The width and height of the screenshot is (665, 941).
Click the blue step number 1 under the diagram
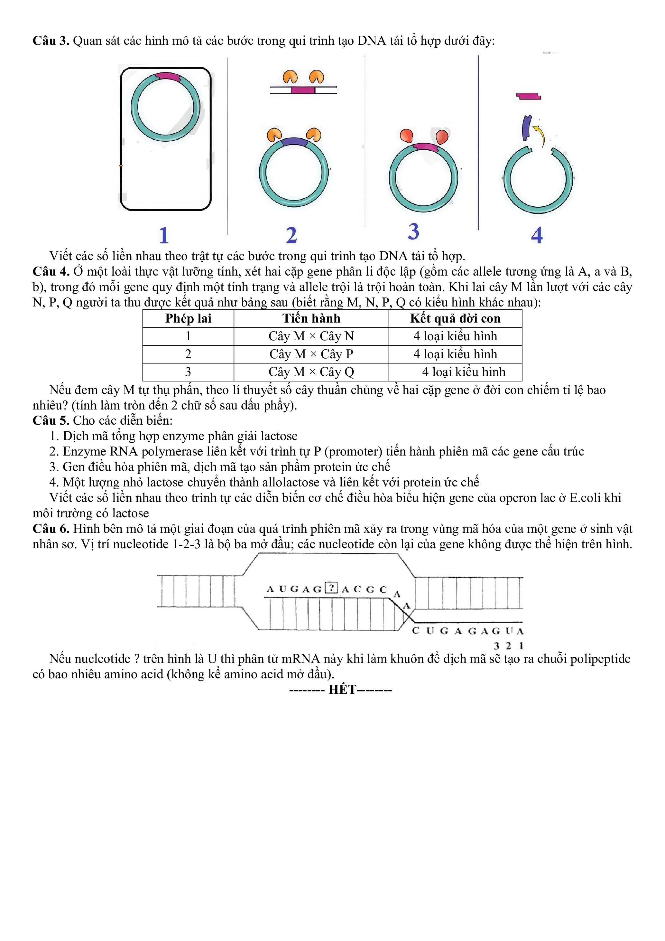pos(164,235)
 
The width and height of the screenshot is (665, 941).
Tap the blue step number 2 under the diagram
pos(291,235)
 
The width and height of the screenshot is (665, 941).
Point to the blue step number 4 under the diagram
pos(537,235)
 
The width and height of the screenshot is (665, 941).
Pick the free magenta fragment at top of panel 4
pos(528,96)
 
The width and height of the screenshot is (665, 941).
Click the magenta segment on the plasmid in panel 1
pos(167,76)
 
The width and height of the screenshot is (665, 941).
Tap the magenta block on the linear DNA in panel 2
pos(303,90)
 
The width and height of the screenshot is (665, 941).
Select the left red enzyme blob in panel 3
pos(406,135)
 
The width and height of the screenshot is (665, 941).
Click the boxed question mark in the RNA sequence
pos(330,588)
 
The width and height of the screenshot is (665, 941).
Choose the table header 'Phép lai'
pos(188,318)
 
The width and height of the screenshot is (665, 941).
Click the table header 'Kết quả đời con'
pos(455,318)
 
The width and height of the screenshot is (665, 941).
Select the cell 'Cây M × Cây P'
pos(311,354)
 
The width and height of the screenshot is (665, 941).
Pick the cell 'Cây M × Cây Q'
pos(311,372)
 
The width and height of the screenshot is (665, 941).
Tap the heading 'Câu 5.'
pos(51,420)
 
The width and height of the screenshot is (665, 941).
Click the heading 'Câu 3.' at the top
pos(51,41)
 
